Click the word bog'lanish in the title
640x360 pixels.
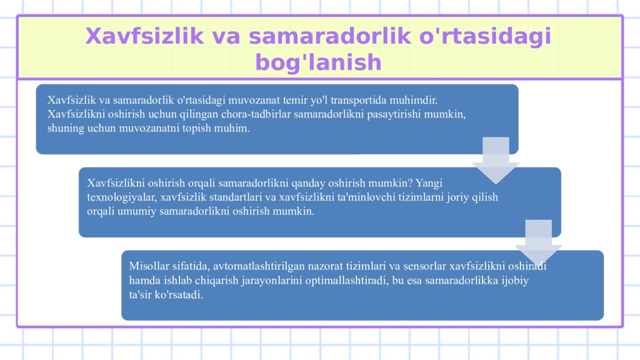[318, 62]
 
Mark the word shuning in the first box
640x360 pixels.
[66, 129]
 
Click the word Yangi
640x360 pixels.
[428, 183]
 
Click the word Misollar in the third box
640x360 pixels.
[147, 266]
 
